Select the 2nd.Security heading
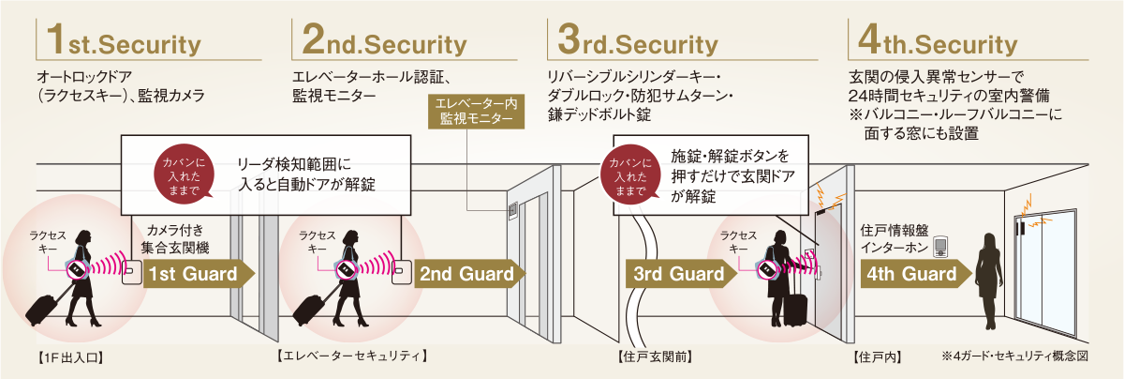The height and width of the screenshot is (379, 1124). (x=385, y=43)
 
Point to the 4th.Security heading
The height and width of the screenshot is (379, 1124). (x=932, y=43)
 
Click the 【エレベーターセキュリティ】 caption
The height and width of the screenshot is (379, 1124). (x=352, y=356)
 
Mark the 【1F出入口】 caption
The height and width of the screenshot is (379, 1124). (x=69, y=357)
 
